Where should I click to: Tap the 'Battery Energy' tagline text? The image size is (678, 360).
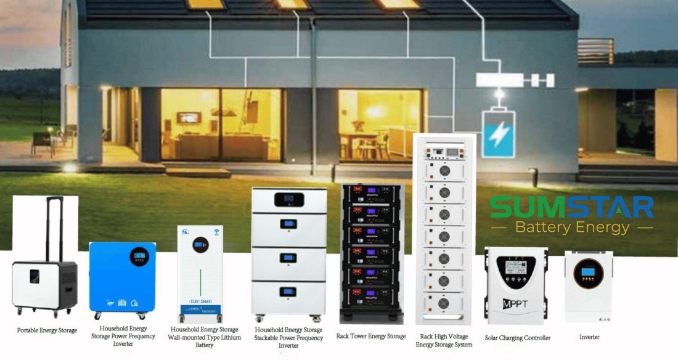[571, 227]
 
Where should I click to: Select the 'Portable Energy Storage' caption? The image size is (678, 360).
[47, 331]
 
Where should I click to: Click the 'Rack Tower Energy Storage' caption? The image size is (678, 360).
[371, 337]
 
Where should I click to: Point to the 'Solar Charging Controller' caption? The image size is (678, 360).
[518, 338]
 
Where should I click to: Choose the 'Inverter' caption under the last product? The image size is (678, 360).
[589, 337]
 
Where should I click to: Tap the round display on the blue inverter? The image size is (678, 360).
[139, 256]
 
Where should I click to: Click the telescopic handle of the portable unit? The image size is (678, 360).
[54, 228]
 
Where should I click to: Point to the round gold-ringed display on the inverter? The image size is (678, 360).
[588, 273]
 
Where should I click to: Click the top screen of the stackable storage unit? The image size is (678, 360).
[288, 200]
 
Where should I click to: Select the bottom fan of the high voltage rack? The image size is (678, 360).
[443, 303]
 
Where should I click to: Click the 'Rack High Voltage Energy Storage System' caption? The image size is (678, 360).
[444, 341]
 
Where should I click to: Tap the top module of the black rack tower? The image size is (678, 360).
[372, 193]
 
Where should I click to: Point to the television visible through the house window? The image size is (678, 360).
[189, 117]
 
